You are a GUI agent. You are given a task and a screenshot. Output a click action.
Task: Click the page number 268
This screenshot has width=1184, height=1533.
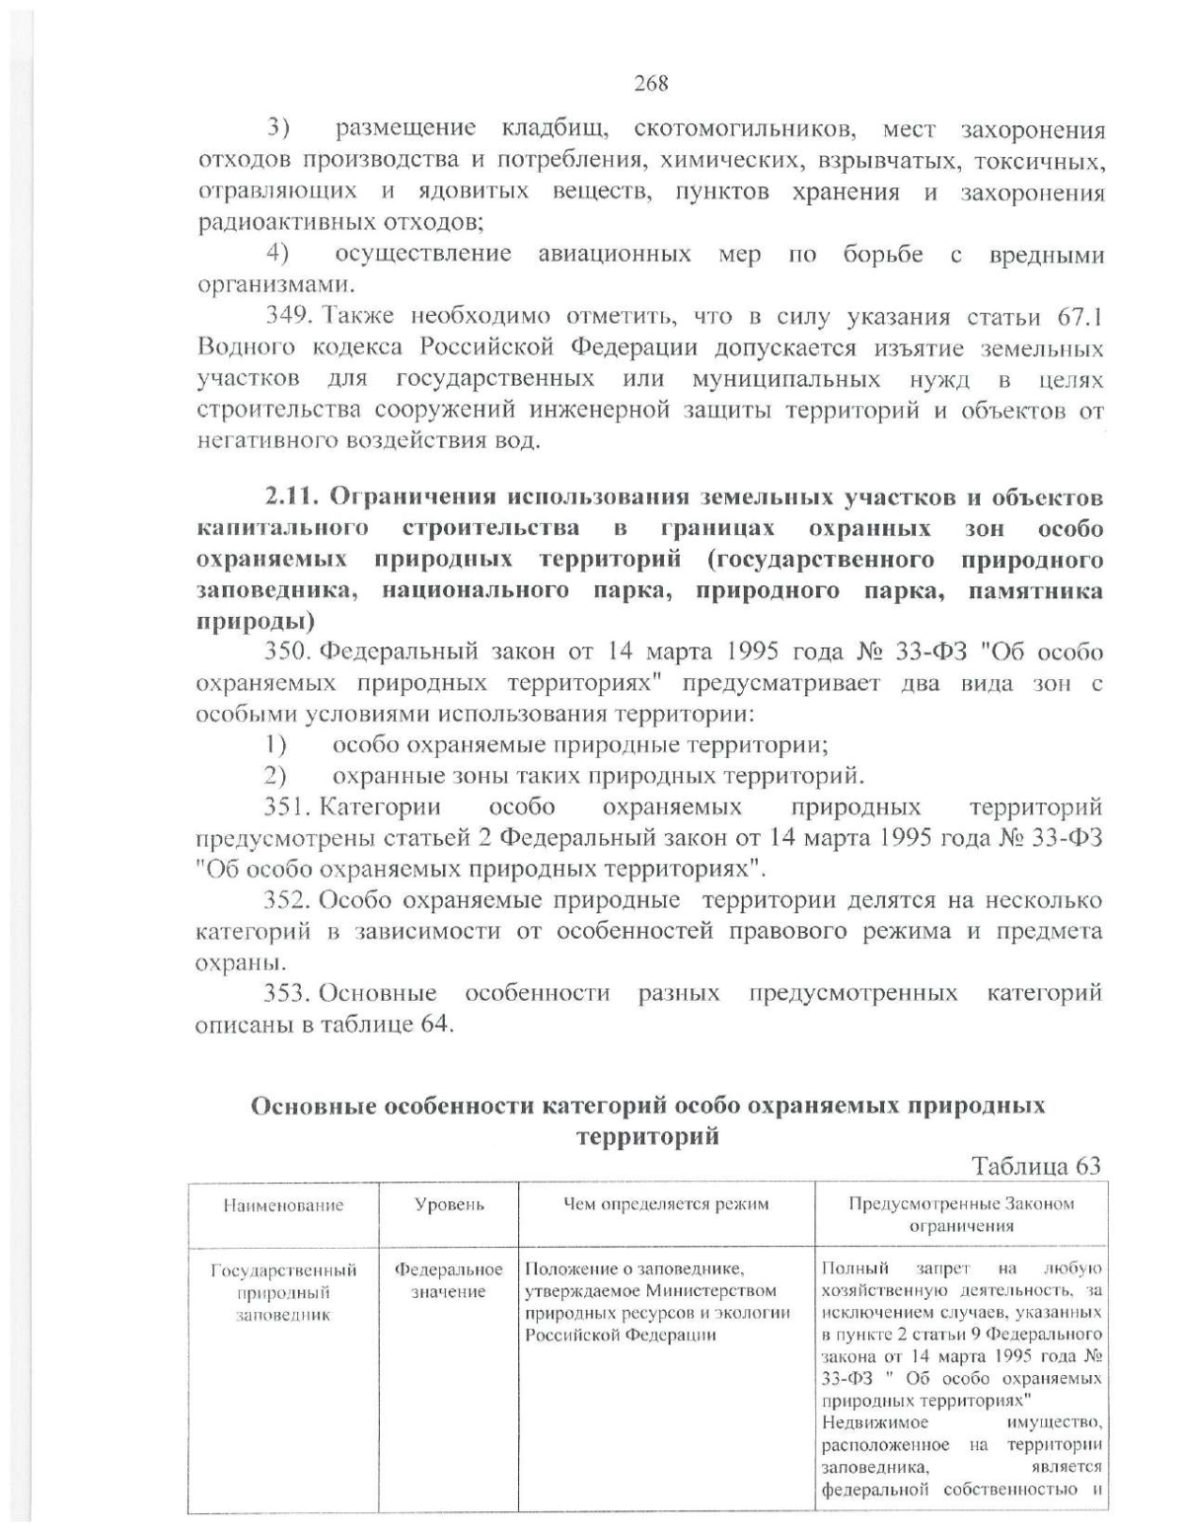(x=651, y=84)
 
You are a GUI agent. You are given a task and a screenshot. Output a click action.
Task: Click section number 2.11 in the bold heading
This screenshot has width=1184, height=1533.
(x=288, y=497)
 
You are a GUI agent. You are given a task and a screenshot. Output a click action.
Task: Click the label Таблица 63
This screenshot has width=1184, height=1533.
(x=1035, y=1166)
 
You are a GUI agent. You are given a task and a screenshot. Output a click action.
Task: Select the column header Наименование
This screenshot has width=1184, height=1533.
(x=284, y=1204)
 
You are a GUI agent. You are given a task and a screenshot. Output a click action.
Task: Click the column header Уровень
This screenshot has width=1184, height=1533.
(x=449, y=1204)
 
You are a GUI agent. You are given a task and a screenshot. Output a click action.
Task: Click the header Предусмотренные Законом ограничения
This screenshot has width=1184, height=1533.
(x=961, y=1214)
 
